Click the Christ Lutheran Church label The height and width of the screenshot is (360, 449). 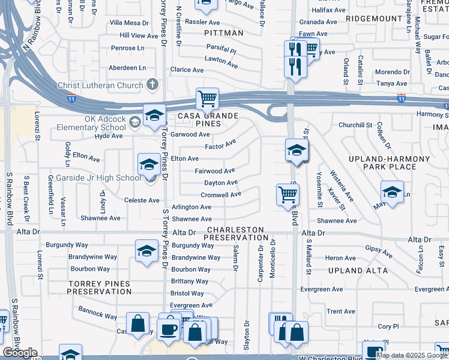coord(100,85)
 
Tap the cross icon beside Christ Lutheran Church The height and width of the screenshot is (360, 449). coord(152,85)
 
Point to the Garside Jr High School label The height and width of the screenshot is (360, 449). coord(98,178)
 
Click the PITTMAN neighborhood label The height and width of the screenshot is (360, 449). coord(224,33)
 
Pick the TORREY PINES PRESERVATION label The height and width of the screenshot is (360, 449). coord(99,287)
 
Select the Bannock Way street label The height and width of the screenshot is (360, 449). coord(98,313)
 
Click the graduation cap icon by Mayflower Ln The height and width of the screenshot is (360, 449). coord(392,193)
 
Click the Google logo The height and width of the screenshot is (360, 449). coord(20,353)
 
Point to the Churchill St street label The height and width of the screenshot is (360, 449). coord(355,125)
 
